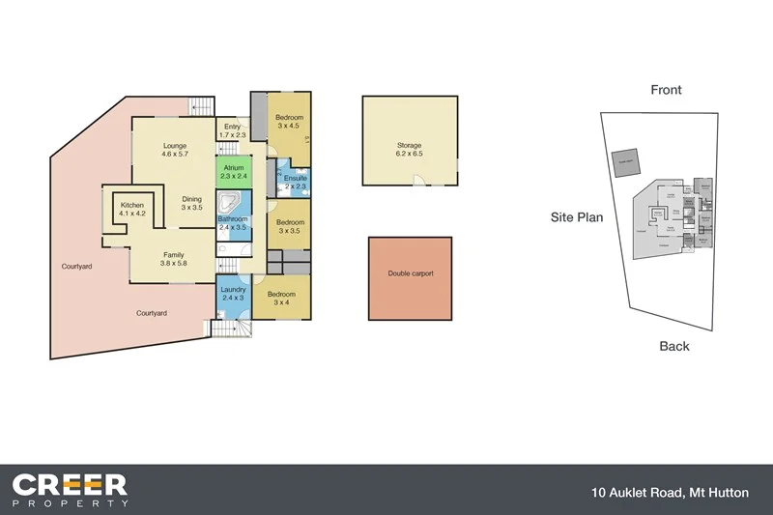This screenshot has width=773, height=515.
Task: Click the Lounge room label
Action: coord(174,146)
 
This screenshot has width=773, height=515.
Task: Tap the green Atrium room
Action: coord(233,172)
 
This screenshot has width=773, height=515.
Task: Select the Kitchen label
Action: coord(131,206)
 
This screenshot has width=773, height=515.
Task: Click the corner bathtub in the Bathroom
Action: coord(230,204)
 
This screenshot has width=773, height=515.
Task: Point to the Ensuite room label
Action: coord(296,179)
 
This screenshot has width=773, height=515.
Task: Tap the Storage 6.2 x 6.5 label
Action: coord(410,146)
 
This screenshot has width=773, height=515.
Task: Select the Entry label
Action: coord(233,126)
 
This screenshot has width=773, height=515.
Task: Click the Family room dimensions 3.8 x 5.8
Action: coord(174,263)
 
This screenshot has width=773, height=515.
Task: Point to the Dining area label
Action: coord(192,200)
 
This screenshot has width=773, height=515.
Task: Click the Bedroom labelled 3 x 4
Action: coord(281,299)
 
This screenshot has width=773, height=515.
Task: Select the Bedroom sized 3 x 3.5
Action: coord(290,226)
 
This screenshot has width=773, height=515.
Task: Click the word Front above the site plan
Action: coord(666,90)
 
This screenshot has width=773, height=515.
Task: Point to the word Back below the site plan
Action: coord(673,345)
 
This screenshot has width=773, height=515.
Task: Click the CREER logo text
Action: coord(70,483)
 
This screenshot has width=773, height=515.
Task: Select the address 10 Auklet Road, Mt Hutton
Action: coord(670,493)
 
